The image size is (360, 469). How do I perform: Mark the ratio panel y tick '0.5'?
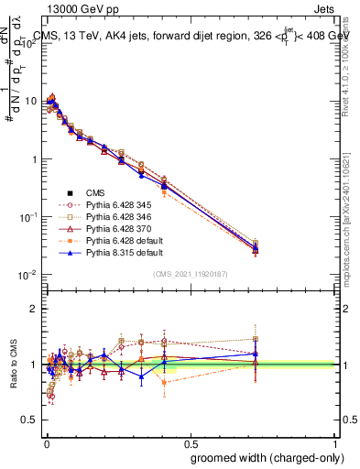click(x=29, y=420)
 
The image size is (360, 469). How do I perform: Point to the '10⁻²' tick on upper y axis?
click(x=29, y=275)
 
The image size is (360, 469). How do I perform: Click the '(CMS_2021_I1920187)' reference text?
click(x=190, y=274)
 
